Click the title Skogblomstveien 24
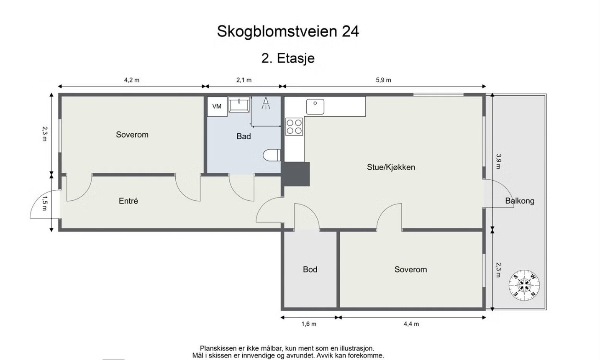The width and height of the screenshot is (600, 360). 288,31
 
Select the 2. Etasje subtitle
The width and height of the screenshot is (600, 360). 288,58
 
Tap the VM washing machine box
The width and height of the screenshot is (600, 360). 217,107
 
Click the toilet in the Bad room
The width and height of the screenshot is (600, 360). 272,155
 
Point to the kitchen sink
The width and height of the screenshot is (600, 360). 315,107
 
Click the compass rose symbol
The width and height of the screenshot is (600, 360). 524,286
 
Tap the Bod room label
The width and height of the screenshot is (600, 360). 310,270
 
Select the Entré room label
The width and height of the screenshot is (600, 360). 128,201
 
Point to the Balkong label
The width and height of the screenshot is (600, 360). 520,201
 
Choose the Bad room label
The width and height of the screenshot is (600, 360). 244,136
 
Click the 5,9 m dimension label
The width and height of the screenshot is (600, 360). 383,80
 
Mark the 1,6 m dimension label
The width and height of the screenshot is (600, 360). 309,324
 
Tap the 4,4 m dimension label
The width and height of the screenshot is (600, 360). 411,324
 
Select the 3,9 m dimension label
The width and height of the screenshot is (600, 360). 498,161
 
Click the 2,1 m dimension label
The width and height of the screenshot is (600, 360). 244,80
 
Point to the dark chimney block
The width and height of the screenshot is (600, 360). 296,174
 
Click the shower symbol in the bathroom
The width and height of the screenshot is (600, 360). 266,103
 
